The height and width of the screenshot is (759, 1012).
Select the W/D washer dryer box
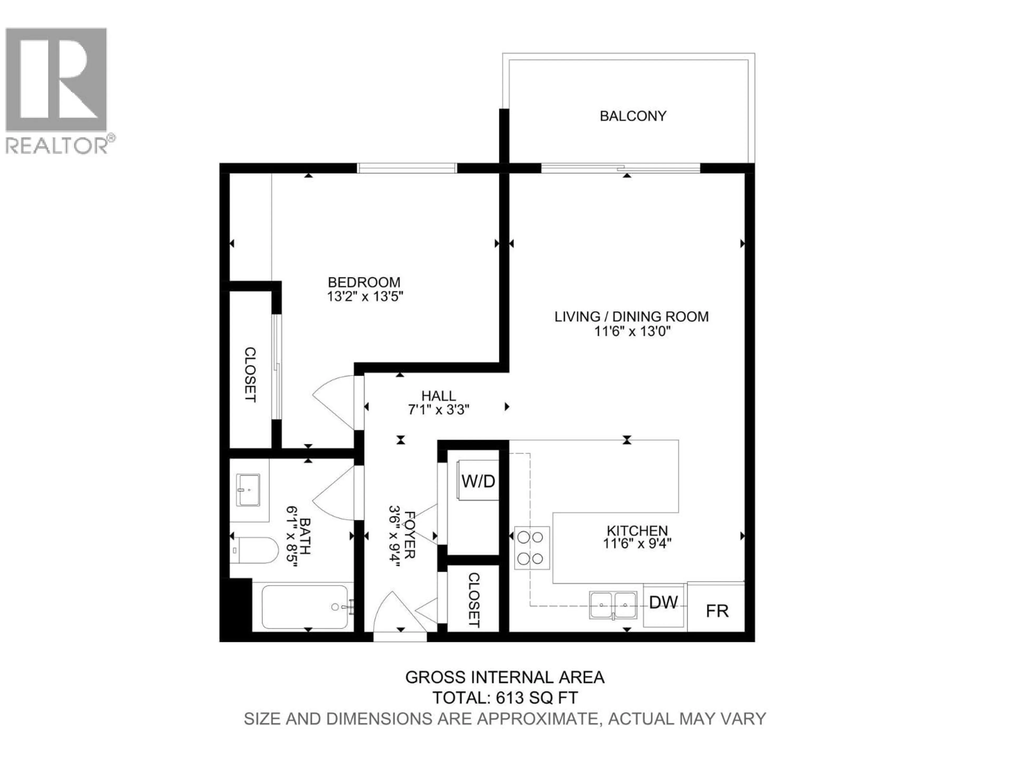(478, 481)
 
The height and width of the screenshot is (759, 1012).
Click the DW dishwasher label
(663, 602)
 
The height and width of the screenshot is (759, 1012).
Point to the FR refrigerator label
(717, 611)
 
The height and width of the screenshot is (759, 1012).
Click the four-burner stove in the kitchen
(532, 548)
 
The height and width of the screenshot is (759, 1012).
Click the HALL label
(438, 396)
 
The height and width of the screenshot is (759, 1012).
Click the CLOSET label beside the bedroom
(250, 375)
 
